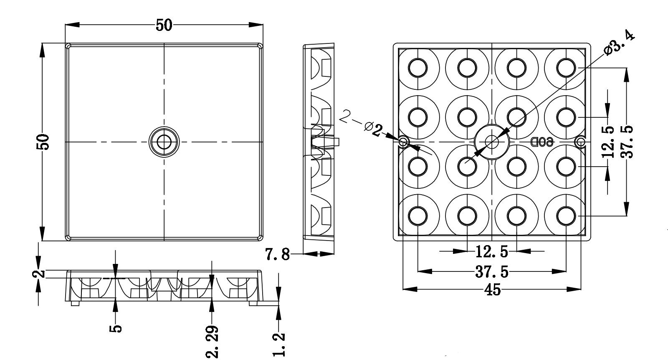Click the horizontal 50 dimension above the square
click(x=164, y=25)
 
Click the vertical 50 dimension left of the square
click(x=43, y=142)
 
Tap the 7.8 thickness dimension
click(x=277, y=254)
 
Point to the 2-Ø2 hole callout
click(x=361, y=123)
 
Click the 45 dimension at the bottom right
click(x=492, y=289)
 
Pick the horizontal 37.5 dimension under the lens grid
click(x=492, y=272)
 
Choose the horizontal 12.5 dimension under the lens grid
click(x=492, y=251)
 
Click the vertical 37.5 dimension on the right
click(x=627, y=142)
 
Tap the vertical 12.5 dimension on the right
click(x=608, y=142)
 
